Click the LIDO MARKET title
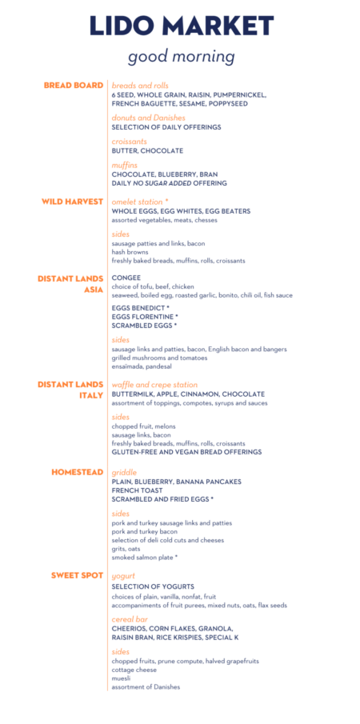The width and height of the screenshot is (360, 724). (182, 26)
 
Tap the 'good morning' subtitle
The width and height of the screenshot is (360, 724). (182, 57)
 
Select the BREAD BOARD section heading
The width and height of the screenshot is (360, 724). (74, 85)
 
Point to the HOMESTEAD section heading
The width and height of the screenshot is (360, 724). (78, 472)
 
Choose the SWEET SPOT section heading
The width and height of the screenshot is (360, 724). (78, 575)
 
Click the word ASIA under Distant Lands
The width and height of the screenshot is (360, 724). (94, 290)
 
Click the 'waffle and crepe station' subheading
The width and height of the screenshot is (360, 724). (154, 385)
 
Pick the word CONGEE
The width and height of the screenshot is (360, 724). (126, 278)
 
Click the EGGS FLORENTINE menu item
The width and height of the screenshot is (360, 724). (144, 317)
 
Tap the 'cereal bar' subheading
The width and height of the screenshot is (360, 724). (131, 619)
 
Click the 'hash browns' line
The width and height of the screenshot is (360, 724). (130, 251)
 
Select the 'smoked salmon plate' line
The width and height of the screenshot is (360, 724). (145, 557)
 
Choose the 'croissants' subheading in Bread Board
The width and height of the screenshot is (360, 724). (130, 142)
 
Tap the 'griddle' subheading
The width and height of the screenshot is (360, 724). (124, 472)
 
